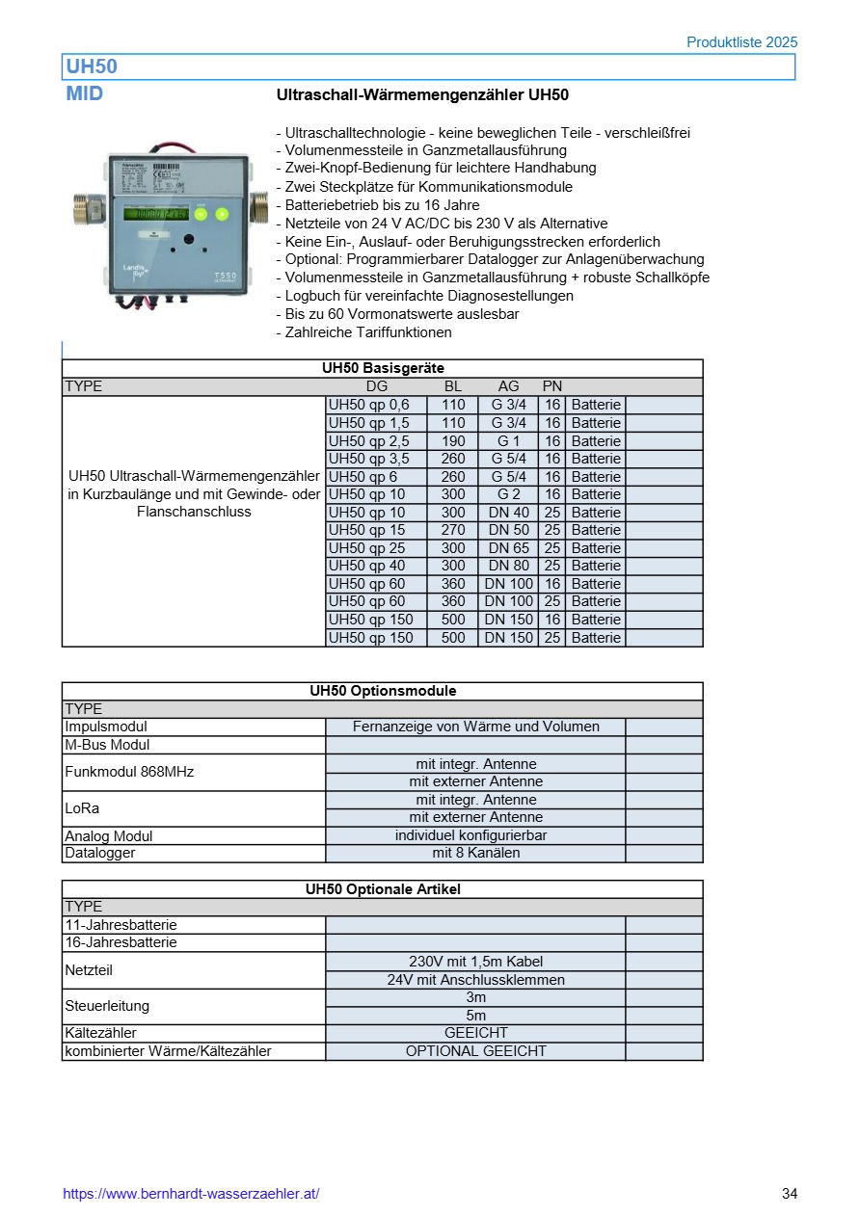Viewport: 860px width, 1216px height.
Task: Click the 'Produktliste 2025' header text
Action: click(x=741, y=42)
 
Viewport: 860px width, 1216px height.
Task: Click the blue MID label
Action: click(x=85, y=94)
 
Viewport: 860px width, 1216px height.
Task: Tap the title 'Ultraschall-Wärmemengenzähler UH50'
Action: click(x=422, y=95)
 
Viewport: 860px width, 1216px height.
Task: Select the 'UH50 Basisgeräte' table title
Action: click(x=383, y=368)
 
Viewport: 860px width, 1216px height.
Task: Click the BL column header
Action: click(x=452, y=386)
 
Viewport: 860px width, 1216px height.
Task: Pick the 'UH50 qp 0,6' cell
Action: click(x=369, y=405)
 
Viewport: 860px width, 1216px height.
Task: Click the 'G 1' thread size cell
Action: click(x=508, y=440)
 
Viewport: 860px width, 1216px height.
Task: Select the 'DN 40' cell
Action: click(x=508, y=512)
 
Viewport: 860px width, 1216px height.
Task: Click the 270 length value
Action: click(x=452, y=530)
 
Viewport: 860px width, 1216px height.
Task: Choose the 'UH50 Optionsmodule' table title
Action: click(x=383, y=691)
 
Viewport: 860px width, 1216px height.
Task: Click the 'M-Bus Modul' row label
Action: click(x=107, y=745)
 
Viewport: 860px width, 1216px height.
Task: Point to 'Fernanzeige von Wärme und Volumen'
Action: click(x=475, y=727)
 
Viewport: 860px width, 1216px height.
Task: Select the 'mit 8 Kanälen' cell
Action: click(x=475, y=853)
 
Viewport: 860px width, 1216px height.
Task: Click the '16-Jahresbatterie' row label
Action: click(x=121, y=942)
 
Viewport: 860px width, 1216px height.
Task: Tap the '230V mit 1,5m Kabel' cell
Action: click(x=475, y=961)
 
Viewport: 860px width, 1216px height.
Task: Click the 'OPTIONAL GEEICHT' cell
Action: click(x=475, y=1051)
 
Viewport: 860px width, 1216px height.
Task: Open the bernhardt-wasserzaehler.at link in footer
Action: click(x=191, y=1194)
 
